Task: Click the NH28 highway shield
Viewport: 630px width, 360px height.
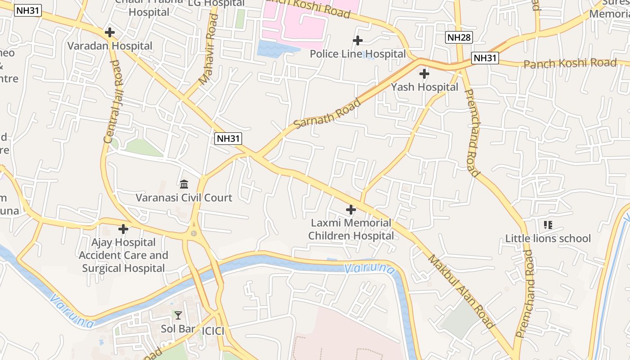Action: click(x=459, y=37)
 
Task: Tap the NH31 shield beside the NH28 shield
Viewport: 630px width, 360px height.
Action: click(x=486, y=58)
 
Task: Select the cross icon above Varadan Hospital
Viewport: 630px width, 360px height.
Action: click(x=109, y=32)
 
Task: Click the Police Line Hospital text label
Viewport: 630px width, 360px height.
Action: click(x=358, y=54)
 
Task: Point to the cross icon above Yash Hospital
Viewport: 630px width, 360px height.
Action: click(x=424, y=74)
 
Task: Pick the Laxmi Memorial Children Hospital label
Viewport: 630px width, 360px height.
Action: click(x=351, y=229)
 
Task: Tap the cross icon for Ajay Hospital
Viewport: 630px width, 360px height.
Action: click(x=123, y=229)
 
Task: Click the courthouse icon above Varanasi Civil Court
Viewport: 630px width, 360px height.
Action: click(x=184, y=184)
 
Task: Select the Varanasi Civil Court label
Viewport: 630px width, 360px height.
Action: click(x=184, y=198)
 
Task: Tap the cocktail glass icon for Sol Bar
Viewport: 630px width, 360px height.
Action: click(x=178, y=315)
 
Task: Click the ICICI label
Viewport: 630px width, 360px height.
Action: click(x=213, y=331)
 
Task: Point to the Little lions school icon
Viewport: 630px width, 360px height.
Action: click(x=548, y=225)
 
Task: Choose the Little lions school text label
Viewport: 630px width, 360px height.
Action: click(x=548, y=238)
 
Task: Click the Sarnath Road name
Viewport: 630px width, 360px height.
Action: click(x=327, y=113)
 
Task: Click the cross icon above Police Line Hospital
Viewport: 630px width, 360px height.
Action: click(x=358, y=40)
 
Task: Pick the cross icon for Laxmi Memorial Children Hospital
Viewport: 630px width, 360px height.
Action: click(x=351, y=209)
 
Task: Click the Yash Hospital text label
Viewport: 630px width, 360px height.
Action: click(x=424, y=87)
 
